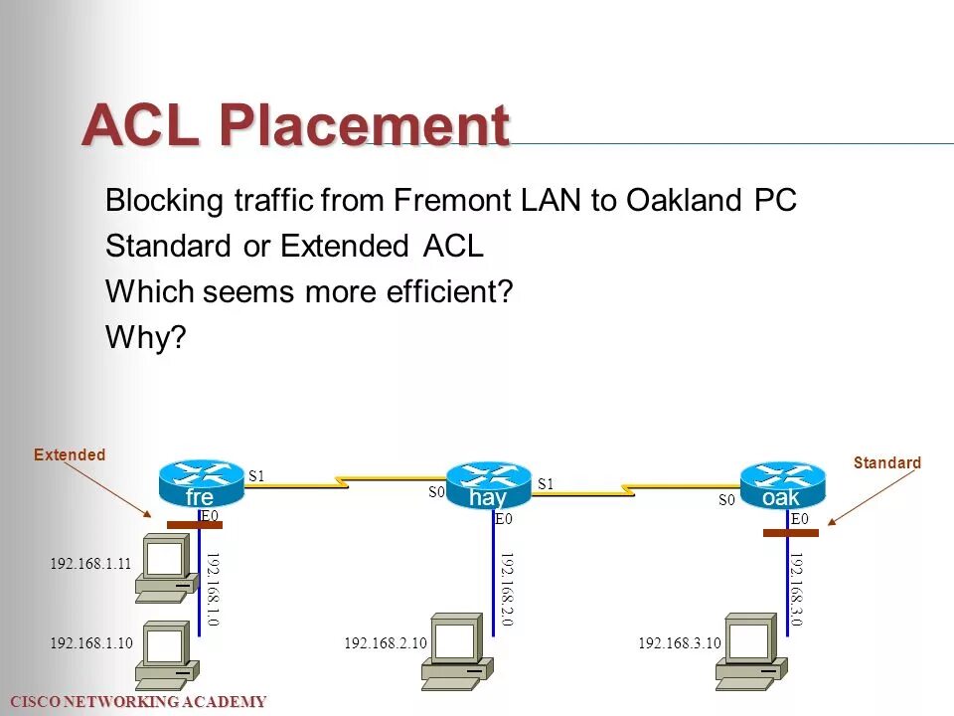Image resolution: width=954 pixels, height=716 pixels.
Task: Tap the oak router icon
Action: (782, 484)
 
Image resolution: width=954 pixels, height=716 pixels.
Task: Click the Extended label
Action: (70, 455)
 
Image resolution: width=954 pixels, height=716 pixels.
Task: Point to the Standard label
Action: (887, 462)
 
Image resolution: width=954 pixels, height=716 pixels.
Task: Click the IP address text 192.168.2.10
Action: (386, 644)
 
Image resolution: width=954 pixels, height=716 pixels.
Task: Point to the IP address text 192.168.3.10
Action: (680, 644)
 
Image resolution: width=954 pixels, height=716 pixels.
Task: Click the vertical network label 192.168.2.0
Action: (507, 589)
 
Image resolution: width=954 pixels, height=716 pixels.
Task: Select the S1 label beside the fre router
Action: (256, 475)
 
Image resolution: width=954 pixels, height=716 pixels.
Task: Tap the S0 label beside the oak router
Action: (726, 501)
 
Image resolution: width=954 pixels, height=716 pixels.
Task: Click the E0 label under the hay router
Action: (503, 519)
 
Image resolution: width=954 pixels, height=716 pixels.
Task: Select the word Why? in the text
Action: (146, 338)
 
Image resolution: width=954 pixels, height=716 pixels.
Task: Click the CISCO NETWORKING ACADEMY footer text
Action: (134, 702)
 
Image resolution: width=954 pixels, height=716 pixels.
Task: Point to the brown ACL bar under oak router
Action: (791, 533)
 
